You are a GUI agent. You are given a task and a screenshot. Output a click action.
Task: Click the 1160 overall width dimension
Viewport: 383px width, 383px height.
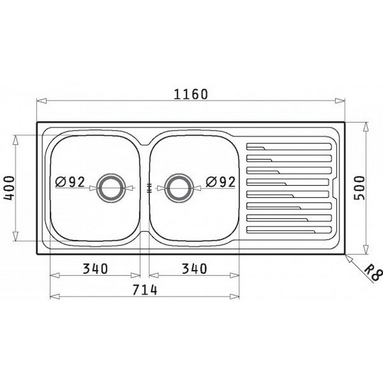click(191, 94)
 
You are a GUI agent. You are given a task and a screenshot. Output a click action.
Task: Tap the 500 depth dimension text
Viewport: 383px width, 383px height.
click(359, 188)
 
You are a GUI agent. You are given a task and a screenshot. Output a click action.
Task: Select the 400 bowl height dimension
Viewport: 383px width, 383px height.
click(10, 188)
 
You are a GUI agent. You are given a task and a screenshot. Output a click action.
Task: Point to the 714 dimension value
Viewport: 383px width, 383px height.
click(145, 290)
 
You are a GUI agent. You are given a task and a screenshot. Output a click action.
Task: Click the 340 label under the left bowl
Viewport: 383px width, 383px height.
click(95, 269)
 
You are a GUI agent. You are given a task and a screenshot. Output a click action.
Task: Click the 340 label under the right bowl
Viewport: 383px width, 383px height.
click(195, 269)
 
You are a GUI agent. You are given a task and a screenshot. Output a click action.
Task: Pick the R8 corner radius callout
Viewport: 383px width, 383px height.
click(374, 274)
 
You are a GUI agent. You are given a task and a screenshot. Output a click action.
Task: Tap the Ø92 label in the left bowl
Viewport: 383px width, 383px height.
click(70, 182)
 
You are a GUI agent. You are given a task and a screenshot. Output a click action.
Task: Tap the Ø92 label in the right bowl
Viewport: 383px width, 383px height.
click(221, 182)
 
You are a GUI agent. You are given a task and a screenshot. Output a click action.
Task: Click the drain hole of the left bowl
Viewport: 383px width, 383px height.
click(111, 188)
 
